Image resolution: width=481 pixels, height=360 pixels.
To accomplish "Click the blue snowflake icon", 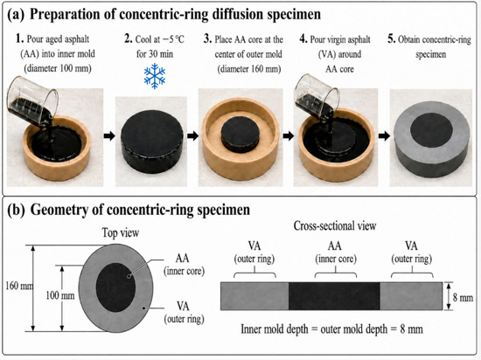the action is [x=155, y=76].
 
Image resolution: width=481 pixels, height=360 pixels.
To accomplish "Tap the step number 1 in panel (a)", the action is [x=19, y=39].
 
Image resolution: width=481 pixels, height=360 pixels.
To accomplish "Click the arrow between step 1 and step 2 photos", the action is [x=109, y=135].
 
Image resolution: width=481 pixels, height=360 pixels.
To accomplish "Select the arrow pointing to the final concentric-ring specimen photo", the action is [x=384, y=135].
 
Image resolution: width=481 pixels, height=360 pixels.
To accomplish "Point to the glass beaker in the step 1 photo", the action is [x=31, y=101].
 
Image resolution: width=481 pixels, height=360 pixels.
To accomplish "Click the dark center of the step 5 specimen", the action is [x=431, y=129].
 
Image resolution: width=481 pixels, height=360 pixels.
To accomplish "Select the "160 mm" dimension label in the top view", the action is [x=19, y=286].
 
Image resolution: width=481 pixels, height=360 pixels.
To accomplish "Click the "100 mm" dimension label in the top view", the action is [x=59, y=295].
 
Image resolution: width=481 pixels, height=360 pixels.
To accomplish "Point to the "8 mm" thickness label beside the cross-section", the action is [x=463, y=297].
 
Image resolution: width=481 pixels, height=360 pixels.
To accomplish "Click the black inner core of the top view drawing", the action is [x=115, y=287].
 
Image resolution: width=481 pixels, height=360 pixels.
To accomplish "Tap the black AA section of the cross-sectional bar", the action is [x=334, y=296].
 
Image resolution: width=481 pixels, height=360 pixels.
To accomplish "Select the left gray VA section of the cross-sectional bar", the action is [x=254, y=296].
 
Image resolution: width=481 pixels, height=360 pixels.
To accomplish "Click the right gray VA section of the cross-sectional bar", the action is [x=411, y=296].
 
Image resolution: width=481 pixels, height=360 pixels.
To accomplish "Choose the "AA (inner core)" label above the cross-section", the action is [x=336, y=253].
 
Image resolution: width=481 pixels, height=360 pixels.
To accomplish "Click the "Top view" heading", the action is [x=121, y=232].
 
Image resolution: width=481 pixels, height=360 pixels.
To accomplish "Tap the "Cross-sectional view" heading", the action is [x=335, y=225].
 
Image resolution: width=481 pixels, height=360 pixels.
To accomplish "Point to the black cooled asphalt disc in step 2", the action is [x=152, y=142].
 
